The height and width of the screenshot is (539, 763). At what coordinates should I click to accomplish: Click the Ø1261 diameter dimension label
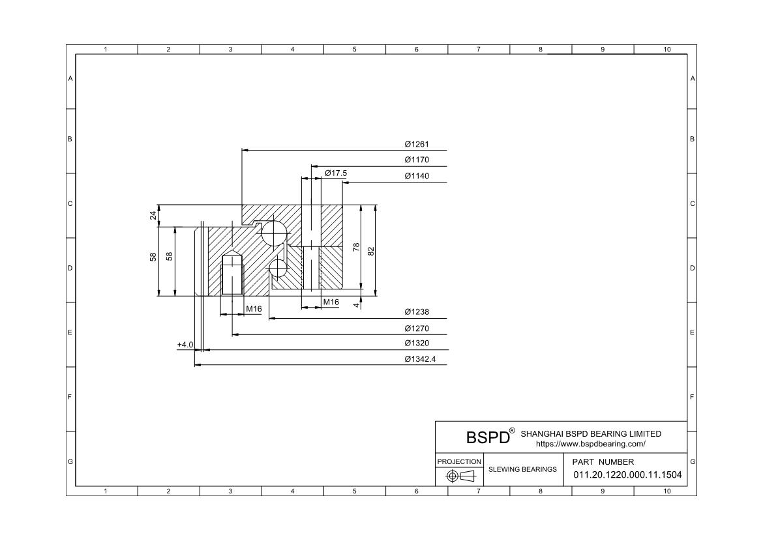[x=417, y=144]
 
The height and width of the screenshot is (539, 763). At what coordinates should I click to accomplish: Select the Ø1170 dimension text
[x=417, y=160]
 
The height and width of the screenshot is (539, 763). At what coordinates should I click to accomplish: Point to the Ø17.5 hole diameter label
[x=336, y=173]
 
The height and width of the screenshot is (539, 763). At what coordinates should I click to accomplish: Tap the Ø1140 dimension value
[x=417, y=175]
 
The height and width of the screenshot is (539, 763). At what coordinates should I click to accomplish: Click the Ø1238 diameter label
[x=417, y=312]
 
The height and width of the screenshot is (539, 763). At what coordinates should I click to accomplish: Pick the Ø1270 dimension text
[x=417, y=328]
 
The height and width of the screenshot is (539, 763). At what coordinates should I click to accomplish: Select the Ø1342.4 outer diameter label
[x=420, y=360]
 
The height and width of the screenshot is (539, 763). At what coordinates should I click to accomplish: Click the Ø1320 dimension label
[x=417, y=343]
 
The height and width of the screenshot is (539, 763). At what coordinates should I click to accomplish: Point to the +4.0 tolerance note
[x=185, y=345]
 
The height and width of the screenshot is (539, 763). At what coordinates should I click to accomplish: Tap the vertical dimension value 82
[x=371, y=251]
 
